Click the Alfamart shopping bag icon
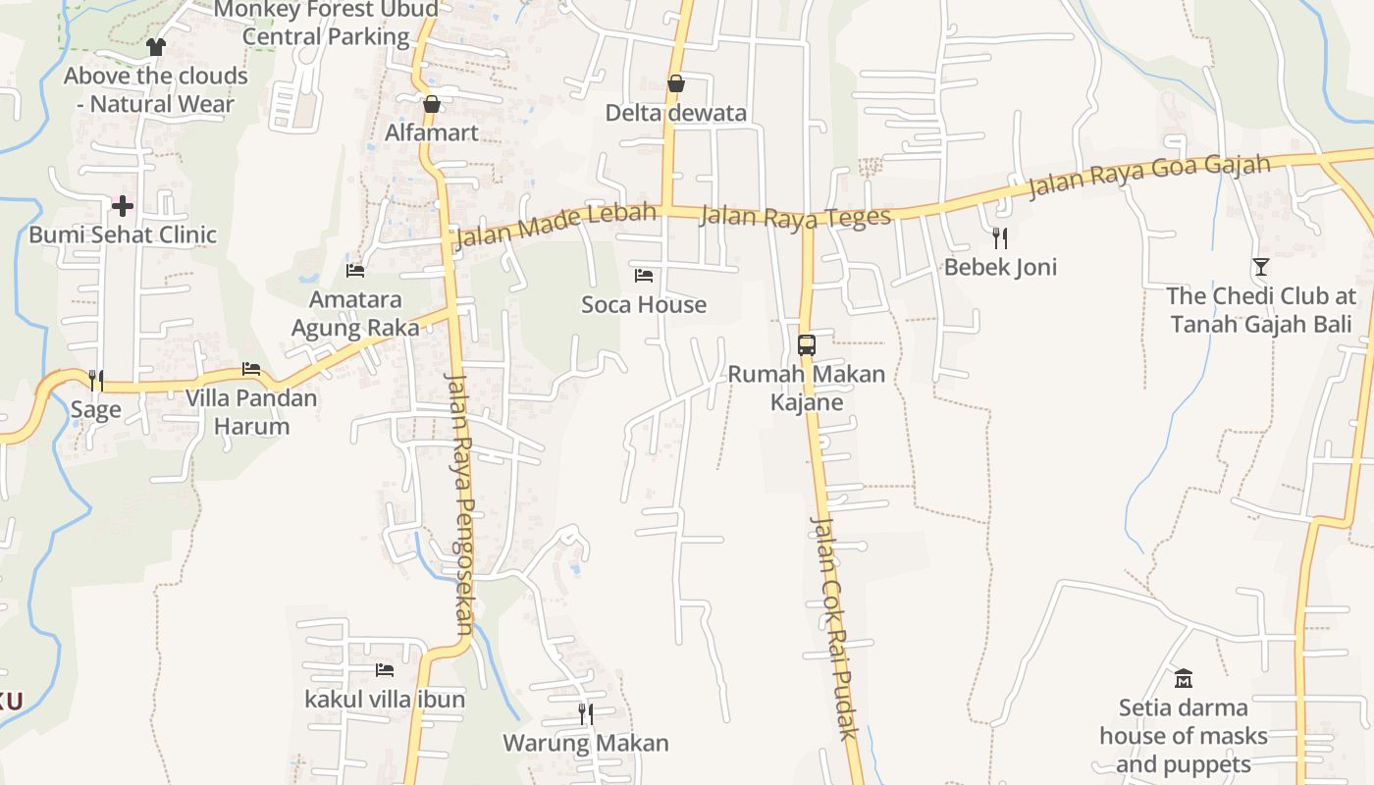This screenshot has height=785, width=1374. (432, 104)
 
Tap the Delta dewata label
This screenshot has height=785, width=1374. (675, 113)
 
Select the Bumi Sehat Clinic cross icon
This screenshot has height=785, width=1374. (123, 206)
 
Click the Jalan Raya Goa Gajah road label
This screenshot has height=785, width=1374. (1149, 177)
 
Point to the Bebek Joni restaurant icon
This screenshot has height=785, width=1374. (1000, 237)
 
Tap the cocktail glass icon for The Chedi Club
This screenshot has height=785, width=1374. (1261, 266)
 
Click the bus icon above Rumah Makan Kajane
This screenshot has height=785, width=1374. (807, 345)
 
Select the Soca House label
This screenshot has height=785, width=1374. (644, 305)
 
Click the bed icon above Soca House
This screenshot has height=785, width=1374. (644, 276)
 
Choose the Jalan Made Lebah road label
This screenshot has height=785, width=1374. (555, 227)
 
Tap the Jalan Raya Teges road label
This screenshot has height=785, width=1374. (795, 217)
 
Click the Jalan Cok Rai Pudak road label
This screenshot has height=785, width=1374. (834, 628)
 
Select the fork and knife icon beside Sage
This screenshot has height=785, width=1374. (96, 380)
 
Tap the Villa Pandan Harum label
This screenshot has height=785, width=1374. (252, 412)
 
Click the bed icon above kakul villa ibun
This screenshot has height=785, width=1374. (385, 670)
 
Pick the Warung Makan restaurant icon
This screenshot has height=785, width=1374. (586, 714)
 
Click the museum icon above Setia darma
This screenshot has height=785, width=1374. (1184, 678)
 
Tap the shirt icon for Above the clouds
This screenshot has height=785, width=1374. (156, 46)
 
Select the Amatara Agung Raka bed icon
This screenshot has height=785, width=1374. (355, 270)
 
